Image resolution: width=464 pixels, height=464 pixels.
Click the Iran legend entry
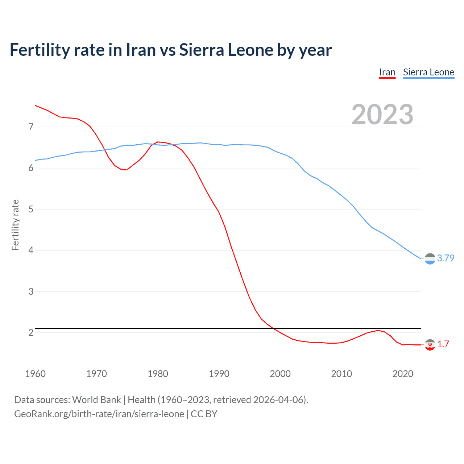[387, 72]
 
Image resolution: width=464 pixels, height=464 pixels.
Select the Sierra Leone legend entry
[428, 72]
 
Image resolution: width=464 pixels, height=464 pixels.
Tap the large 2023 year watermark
[382, 115]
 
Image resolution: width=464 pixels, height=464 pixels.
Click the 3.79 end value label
[446, 258]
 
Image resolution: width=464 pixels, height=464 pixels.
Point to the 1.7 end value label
[443, 344]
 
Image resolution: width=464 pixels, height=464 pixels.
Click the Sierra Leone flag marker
[430, 259]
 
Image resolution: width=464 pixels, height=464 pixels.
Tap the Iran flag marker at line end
[430, 345]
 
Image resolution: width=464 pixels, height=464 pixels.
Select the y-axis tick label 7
[31, 127]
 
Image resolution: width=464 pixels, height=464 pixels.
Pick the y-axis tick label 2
[31, 332]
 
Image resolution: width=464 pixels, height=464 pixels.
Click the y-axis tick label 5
[31, 209]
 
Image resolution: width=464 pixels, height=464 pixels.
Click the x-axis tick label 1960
[35, 374]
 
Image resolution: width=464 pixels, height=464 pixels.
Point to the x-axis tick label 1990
[219, 374]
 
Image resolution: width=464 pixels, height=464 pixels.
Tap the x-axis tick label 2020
[403, 374]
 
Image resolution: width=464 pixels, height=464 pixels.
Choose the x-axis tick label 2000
[280, 374]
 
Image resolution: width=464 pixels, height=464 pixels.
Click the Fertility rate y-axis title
[15, 225]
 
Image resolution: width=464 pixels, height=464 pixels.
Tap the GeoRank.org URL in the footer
[99, 414]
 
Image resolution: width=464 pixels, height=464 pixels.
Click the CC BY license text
[204, 414]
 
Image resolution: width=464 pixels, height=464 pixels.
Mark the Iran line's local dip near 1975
[127, 170]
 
